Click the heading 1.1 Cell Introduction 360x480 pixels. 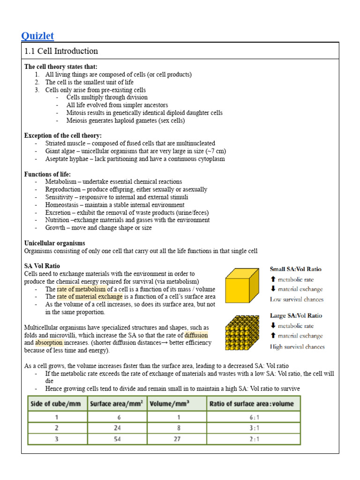pos(61,51)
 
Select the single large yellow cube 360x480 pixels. pos(241,286)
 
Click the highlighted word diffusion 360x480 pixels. pos(196,335)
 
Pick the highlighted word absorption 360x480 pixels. pos(49,343)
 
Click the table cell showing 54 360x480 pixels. pos(117,439)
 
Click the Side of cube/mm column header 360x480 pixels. pos(57,404)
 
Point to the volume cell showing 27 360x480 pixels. pos(177,439)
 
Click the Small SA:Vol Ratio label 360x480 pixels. pos(295,269)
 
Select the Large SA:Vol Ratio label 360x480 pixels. pos(295,315)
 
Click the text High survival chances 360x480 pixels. pos(297,347)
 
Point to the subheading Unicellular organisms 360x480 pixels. pos(54,243)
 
